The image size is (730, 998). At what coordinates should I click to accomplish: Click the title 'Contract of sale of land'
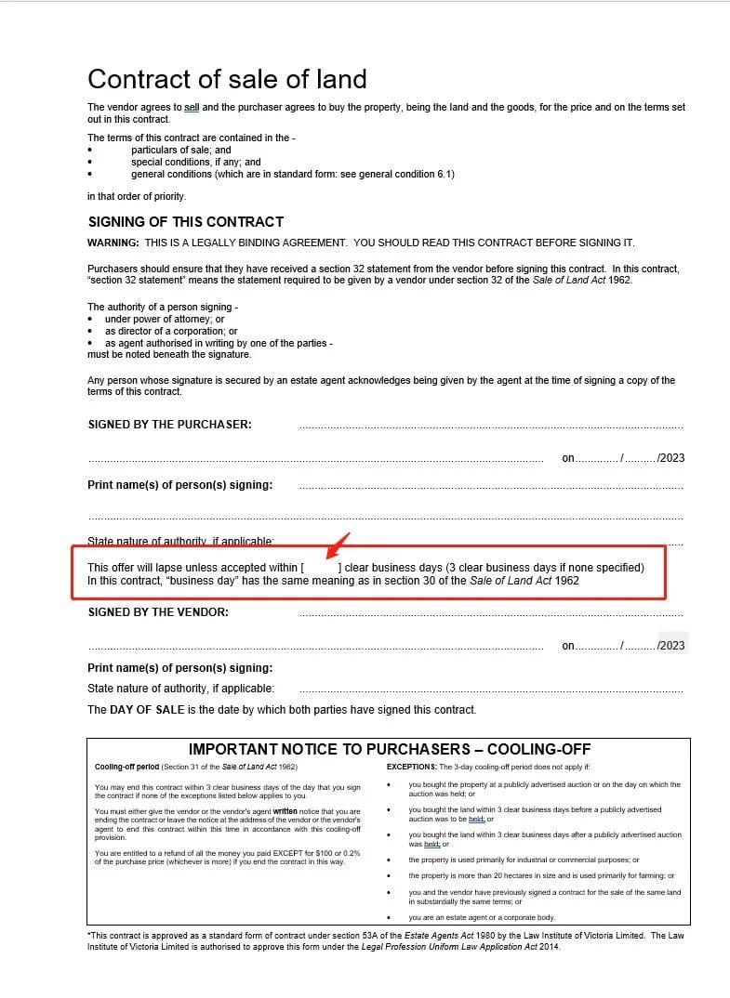point(227,79)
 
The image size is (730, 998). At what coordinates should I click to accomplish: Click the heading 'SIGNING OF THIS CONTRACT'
point(186,222)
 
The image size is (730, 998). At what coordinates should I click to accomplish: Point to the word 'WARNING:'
point(113,243)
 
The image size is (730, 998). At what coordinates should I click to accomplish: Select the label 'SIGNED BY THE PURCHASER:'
point(169,425)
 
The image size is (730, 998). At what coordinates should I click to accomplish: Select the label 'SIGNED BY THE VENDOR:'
point(158,612)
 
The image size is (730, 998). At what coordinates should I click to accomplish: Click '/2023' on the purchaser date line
point(670,458)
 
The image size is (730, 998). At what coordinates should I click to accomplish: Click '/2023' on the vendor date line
point(670,646)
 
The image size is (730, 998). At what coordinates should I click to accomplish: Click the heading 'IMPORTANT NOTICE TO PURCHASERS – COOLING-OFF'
point(389,750)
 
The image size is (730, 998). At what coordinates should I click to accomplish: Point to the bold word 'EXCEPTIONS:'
point(411,767)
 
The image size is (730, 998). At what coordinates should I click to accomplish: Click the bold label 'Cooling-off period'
point(127,767)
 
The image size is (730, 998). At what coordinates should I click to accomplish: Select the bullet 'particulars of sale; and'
point(180,150)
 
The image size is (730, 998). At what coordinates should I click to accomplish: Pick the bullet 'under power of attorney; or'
point(165,319)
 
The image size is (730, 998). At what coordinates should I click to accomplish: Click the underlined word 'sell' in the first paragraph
point(192,108)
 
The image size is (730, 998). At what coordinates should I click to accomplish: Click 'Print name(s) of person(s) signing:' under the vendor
point(179,668)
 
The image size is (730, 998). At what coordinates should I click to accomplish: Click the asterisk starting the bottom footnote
point(89,936)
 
